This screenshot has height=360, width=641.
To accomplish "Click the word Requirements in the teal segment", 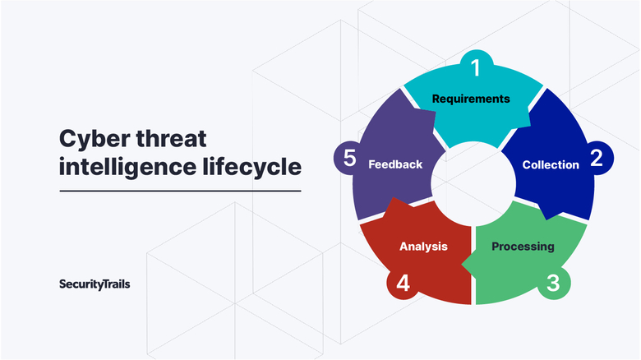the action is click(471, 99).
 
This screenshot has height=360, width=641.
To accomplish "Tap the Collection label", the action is click(551, 165).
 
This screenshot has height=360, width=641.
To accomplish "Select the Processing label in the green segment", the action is click(523, 247).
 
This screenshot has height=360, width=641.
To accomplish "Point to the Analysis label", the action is click(423, 247).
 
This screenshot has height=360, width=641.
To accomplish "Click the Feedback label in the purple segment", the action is click(395, 164).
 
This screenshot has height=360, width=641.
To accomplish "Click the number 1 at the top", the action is click(476, 67).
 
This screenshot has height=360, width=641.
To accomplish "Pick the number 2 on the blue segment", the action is click(597, 158).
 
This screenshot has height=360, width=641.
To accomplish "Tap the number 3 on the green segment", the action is click(553, 283).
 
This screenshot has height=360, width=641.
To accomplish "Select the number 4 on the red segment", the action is click(403, 283).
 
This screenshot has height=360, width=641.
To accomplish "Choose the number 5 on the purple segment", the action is click(349, 158).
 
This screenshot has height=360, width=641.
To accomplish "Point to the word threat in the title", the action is click(171, 138).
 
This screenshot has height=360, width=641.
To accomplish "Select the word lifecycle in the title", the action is click(252, 168).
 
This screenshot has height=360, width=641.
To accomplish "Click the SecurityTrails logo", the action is click(95, 284).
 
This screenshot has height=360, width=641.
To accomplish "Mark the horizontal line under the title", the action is click(180, 191).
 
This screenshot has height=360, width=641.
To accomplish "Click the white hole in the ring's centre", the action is click(473, 183).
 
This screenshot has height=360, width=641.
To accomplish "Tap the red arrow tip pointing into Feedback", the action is click(394, 198).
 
